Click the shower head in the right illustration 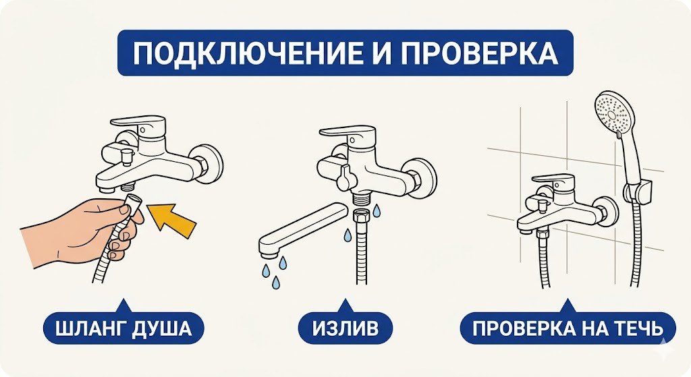614,113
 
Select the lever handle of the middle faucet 356,134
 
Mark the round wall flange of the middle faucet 424,177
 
